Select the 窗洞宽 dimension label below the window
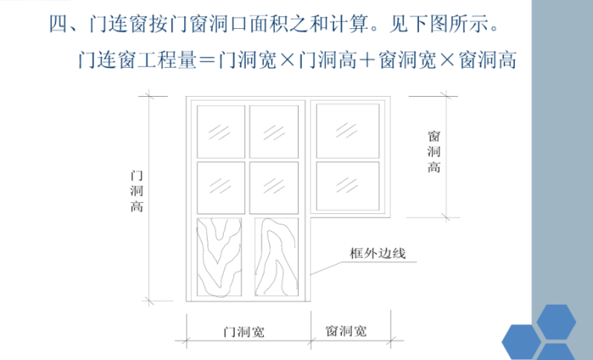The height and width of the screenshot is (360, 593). [x=346, y=332]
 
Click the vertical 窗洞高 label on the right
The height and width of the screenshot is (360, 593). [x=434, y=151]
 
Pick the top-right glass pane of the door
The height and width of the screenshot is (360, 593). [x=273, y=129]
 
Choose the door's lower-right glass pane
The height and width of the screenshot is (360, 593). [x=273, y=185]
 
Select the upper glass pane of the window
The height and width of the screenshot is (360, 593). [x=348, y=129]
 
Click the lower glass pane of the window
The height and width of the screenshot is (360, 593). [x=348, y=185]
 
